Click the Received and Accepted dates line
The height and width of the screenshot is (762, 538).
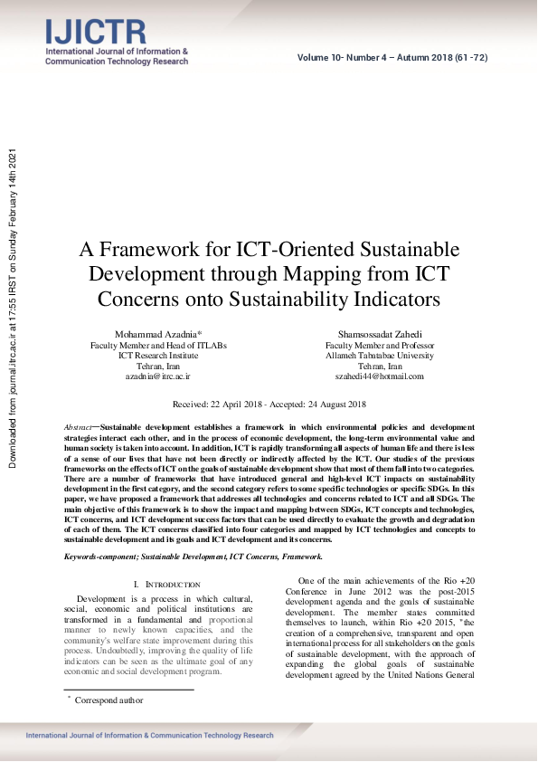(x=269, y=405)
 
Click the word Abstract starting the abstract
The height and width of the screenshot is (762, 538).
(x=79, y=426)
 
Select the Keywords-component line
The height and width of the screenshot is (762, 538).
(x=192, y=557)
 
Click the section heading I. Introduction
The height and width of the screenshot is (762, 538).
(x=166, y=586)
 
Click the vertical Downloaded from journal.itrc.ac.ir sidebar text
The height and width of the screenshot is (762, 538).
(x=13, y=308)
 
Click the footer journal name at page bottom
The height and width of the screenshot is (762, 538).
(x=149, y=736)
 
